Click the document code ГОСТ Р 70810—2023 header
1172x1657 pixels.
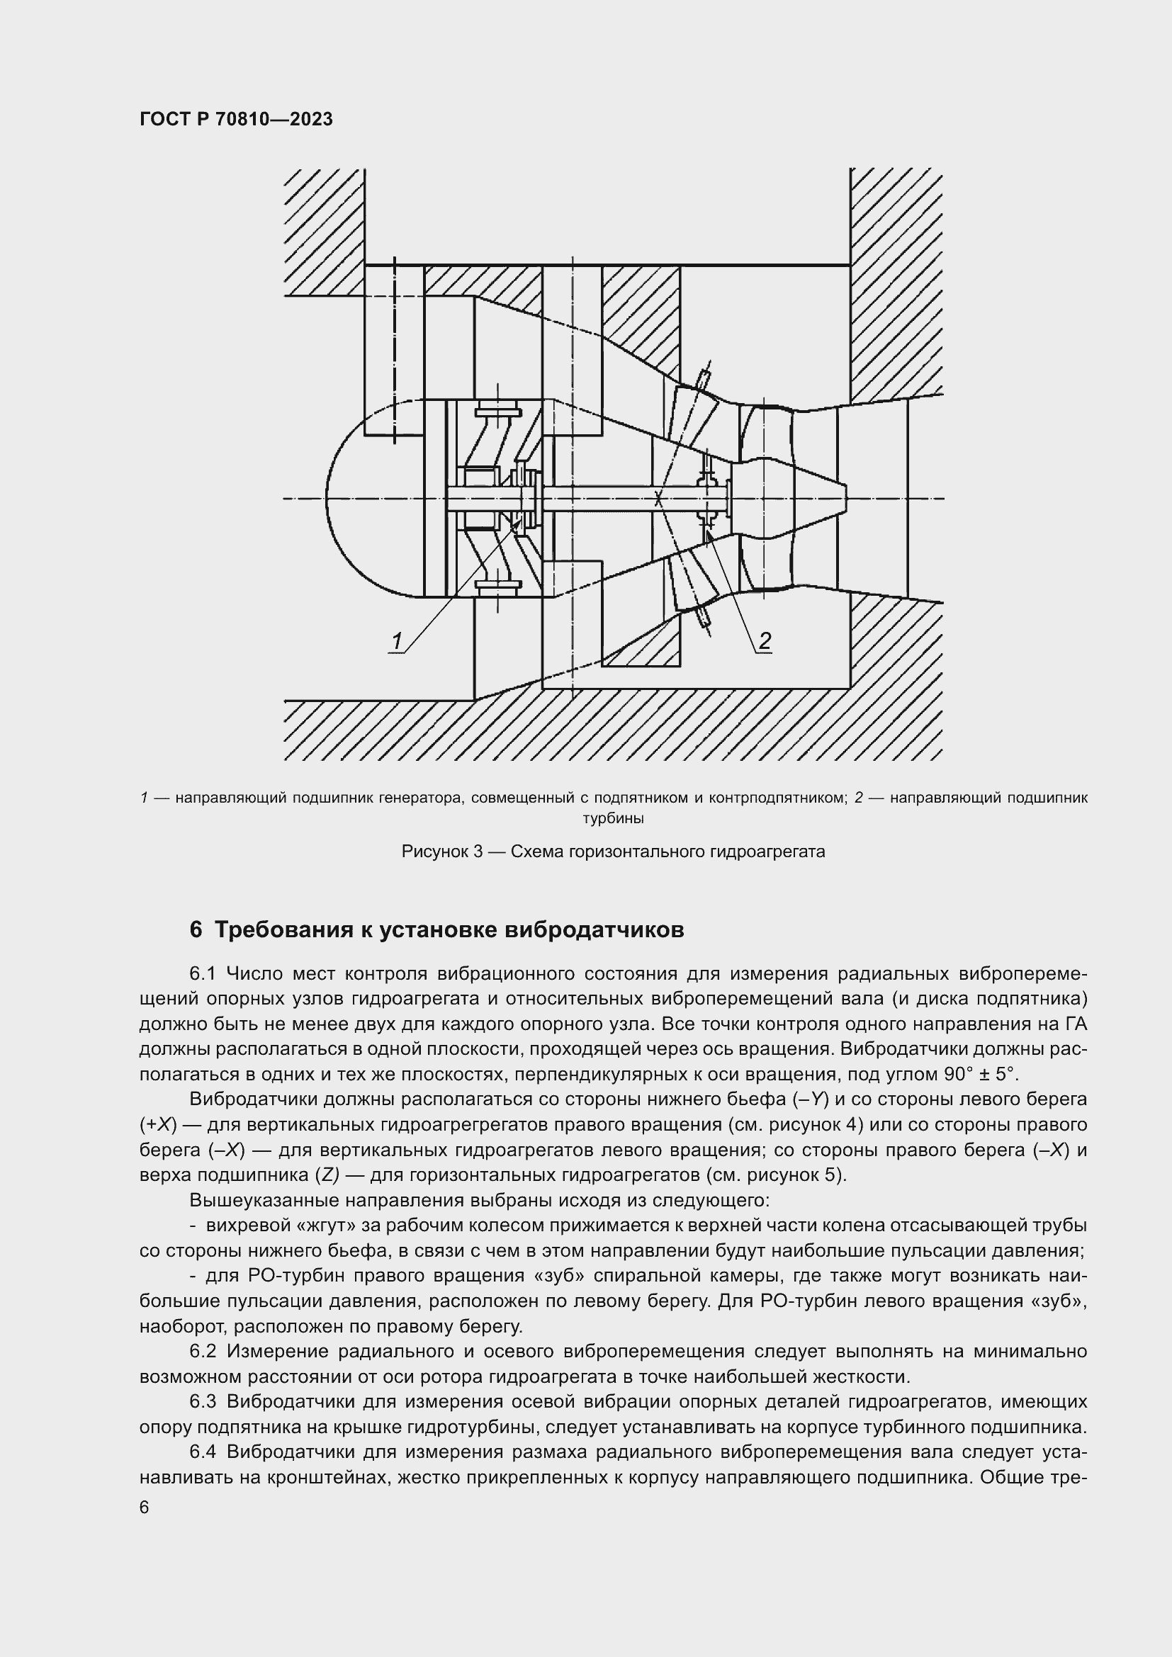(236, 119)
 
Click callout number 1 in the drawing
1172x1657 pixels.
(396, 641)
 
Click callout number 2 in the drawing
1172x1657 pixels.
(765, 640)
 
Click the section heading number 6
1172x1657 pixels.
(196, 930)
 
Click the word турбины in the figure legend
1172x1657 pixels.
(614, 818)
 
